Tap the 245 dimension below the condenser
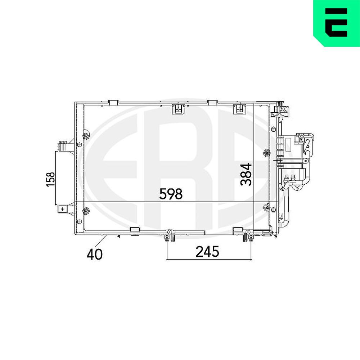click(x=207, y=252)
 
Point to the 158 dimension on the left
click(x=50, y=179)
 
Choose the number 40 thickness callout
click(x=94, y=254)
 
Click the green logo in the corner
click(x=336, y=23)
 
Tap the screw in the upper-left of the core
click(x=86, y=135)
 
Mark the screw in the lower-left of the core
click(x=86, y=210)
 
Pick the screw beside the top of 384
click(x=266, y=153)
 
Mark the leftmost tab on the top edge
click(x=113, y=102)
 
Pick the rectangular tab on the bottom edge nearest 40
click(x=135, y=230)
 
